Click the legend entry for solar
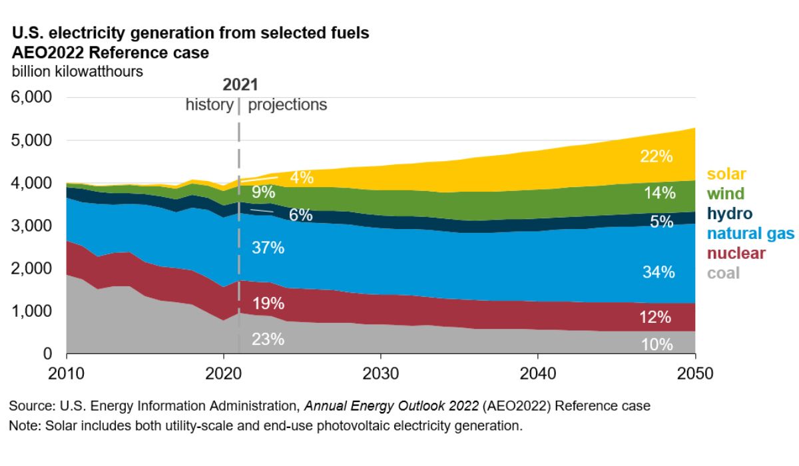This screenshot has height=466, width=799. click(x=726, y=174)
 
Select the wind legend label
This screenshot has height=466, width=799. click(x=724, y=194)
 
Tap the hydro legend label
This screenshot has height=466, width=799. click(x=729, y=214)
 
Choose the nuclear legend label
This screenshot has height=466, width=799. click(x=736, y=254)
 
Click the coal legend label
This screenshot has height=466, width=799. click(x=723, y=273)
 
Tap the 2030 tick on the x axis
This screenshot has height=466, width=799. click(x=381, y=373)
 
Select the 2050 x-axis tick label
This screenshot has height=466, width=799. click(x=695, y=373)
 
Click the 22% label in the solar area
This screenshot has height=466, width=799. click(x=657, y=157)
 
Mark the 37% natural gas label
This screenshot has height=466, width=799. click(x=268, y=248)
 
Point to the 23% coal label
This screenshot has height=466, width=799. click(x=268, y=339)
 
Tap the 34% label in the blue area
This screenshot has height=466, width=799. click(x=659, y=272)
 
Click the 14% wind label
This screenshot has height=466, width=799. click(x=659, y=194)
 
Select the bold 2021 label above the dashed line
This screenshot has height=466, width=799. click(x=240, y=85)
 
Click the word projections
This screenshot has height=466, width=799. click(x=288, y=105)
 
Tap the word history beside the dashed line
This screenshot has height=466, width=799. click(x=209, y=105)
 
